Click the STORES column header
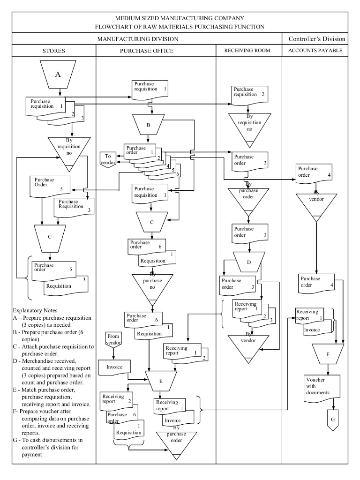[x=53, y=51]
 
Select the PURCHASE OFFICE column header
[x=147, y=51]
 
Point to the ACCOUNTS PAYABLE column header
[x=315, y=50]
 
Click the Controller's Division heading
[x=317, y=39]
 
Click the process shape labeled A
[x=58, y=75]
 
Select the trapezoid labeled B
[x=148, y=125]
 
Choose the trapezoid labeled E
[x=161, y=381]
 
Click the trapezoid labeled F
[x=328, y=354]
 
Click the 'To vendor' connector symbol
[x=108, y=159]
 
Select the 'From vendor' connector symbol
[x=114, y=339]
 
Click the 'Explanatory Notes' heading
[x=36, y=310]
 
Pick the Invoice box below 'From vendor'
[x=114, y=367]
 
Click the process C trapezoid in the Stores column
[x=50, y=237]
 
